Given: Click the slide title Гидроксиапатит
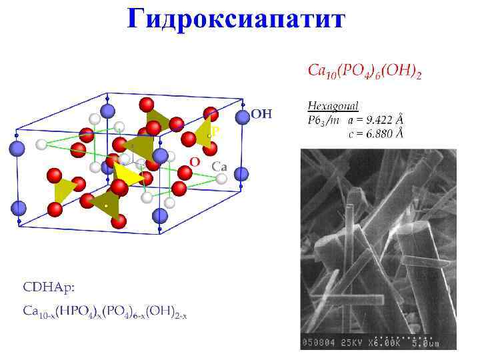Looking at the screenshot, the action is click(x=237, y=18).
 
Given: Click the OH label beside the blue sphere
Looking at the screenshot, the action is click(x=261, y=115).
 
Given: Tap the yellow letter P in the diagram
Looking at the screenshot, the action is click(x=215, y=132).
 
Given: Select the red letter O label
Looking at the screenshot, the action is click(x=194, y=161).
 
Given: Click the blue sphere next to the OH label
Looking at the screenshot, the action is click(x=241, y=115).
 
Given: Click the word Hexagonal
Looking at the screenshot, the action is click(x=333, y=105).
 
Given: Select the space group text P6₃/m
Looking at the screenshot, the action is click(x=323, y=120).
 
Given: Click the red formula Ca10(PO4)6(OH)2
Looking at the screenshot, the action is click(x=364, y=71).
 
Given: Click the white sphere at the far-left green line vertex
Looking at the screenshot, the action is click(x=42, y=144).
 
